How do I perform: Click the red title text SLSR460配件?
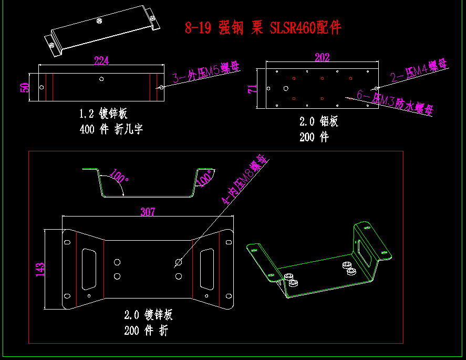[x=305, y=28]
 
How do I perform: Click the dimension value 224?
[x=101, y=61]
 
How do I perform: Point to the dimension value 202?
[x=322, y=57]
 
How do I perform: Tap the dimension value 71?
[x=253, y=88]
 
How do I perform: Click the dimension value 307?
[x=148, y=212]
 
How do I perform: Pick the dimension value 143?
[x=40, y=269]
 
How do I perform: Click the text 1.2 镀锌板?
[x=103, y=113]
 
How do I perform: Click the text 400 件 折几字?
[x=111, y=129]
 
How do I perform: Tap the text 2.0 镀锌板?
[x=148, y=315]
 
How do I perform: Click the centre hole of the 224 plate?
[x=102, y=79]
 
